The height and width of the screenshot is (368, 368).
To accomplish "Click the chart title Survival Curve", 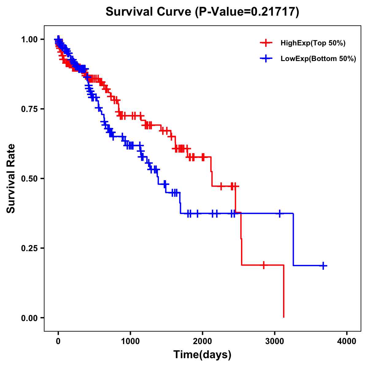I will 148,12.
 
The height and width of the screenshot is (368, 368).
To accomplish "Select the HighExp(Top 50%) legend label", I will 313,43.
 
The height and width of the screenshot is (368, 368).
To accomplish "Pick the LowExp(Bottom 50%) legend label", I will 318,59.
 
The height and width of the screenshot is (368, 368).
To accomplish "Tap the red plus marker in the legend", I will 266,43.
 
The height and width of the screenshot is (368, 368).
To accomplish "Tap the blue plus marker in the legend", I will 266,59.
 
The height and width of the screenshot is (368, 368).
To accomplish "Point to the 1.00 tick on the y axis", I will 29,39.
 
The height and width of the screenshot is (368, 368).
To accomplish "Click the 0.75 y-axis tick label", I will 29,109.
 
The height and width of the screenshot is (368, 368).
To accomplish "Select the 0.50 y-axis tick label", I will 29,178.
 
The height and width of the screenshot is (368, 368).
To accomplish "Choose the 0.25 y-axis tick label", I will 29,248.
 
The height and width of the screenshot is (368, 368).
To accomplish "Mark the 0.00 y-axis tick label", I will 29,318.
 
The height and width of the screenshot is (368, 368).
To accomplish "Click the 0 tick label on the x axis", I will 58,341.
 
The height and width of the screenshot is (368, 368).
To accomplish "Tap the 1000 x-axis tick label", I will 130,341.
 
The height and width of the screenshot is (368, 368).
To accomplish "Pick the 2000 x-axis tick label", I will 202,341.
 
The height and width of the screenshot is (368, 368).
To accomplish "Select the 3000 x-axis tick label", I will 275,341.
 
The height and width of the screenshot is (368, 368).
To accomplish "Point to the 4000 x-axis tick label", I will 347,341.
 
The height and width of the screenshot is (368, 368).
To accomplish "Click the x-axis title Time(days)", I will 202,355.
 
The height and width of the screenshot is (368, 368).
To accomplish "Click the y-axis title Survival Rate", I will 11,178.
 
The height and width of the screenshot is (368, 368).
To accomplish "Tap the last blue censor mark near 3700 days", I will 323,266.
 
